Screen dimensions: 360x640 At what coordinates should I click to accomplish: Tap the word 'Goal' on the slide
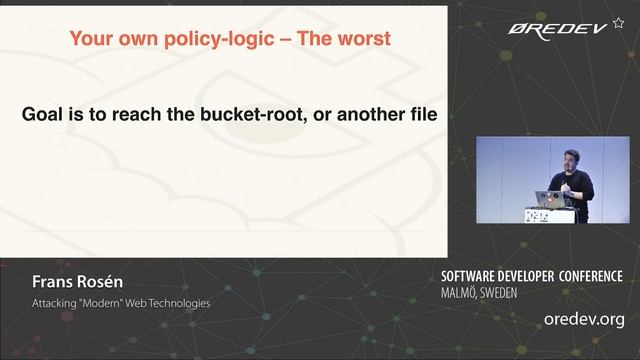tap(44, 115)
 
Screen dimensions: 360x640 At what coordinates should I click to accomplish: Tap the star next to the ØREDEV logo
tap(618, 22)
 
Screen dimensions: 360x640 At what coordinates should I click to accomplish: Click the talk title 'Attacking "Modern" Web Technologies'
tap(121, 303)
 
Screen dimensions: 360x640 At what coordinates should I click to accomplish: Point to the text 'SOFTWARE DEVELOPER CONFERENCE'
tap(531, 277)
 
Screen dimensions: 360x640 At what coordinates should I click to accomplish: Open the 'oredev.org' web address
tap(583, 320)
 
